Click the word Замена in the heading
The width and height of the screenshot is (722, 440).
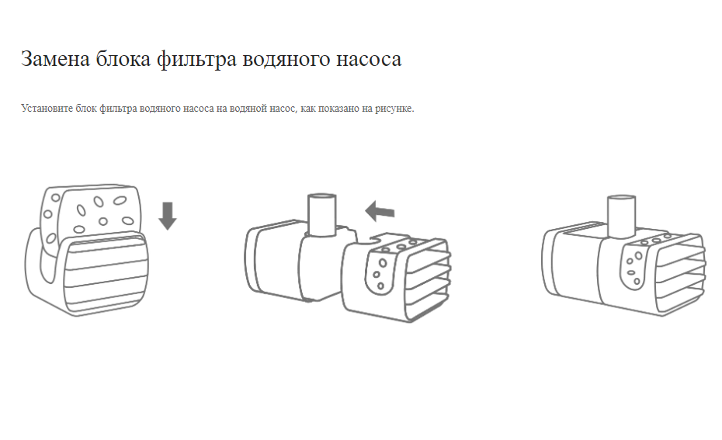coord(55,59)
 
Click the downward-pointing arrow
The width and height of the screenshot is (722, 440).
coord(168,216)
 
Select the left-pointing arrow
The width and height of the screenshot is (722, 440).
coord(380,211)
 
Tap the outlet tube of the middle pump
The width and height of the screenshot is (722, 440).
coord(322,214)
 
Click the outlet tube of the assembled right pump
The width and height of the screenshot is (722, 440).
coord(621,217)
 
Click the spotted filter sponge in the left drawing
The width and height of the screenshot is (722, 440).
coord(90,212)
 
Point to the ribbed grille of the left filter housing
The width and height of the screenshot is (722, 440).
coord(105,273)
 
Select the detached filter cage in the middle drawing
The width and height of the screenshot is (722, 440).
coord(396,276)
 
